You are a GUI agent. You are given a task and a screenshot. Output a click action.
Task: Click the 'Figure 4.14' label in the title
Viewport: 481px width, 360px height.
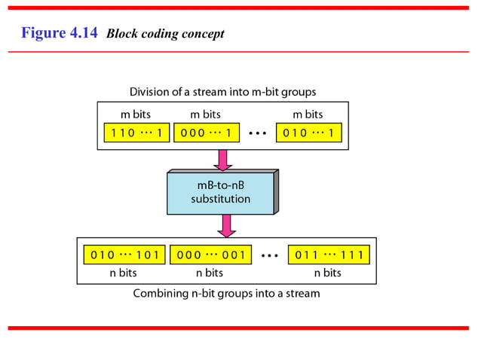[x=60, y=33]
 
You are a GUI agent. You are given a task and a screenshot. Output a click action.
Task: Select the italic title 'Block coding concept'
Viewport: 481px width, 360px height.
[x=165, y=34]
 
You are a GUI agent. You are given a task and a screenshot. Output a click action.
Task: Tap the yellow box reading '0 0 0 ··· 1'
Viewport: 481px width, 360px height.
[x=206, y=134]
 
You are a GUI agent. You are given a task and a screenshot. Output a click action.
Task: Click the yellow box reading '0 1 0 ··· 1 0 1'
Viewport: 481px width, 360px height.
[x=124, y=255]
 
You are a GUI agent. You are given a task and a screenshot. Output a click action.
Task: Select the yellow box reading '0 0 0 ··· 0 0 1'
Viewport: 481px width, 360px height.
[x=210, y=255]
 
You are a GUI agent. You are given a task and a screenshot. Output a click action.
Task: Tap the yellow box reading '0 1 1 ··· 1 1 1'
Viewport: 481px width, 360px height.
[x=329, y=255]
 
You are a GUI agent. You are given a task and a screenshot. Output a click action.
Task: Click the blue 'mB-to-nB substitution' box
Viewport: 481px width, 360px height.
[x=220, y=193]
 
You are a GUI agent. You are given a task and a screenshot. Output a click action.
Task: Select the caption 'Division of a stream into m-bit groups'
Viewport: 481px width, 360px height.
[x=222, y=92]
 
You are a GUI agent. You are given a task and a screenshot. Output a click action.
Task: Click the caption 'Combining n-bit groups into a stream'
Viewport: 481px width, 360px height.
[x=226, y=293]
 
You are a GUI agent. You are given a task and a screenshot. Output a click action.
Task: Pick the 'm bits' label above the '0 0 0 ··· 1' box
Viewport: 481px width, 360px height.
[x=205, y=115]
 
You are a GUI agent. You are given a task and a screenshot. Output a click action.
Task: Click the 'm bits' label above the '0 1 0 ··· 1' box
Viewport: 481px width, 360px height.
[x=308, y=115]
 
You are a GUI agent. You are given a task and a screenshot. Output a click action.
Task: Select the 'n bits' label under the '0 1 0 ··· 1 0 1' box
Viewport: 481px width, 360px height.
[x=124, y=273]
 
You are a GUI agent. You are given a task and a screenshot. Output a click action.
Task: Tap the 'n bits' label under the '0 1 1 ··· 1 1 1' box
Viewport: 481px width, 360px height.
[x=328, y=273]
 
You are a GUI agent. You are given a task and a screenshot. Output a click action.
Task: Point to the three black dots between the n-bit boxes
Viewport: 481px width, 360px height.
[x=269, y=255]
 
